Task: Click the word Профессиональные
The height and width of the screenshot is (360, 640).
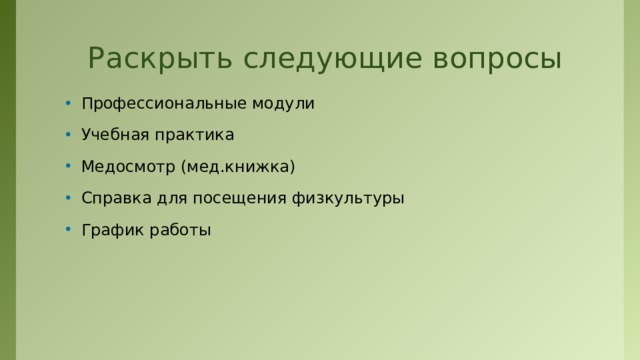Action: tap(165, 103)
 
